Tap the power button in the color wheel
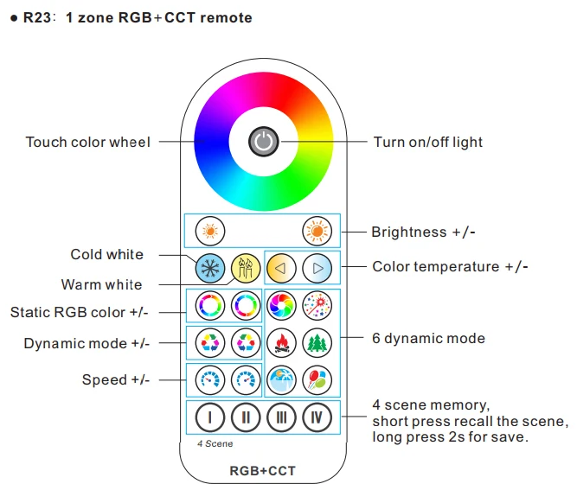point(264,142)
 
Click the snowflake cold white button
point(210,268)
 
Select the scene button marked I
point(210,417)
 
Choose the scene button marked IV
point(317,417)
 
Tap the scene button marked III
point(281,417)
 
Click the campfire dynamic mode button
point(281,343)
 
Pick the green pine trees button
point(317,343)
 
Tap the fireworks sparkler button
point(317,305)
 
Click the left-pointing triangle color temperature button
point(281,268)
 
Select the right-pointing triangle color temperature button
point(317,268)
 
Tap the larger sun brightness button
point(317,231)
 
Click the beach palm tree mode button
point(281,379)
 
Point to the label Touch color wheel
point(88,142)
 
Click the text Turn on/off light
point(428,142)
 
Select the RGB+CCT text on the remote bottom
point(263,471)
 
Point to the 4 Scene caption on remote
point(215,444)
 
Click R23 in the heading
point(37,17)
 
